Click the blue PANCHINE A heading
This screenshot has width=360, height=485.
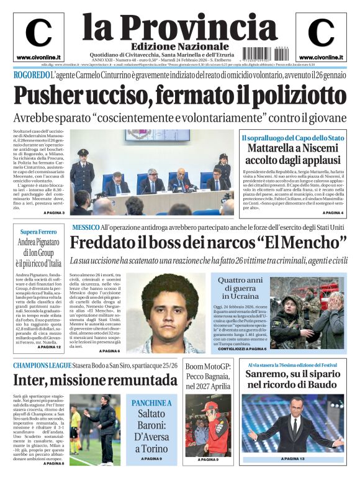(151, 403)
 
